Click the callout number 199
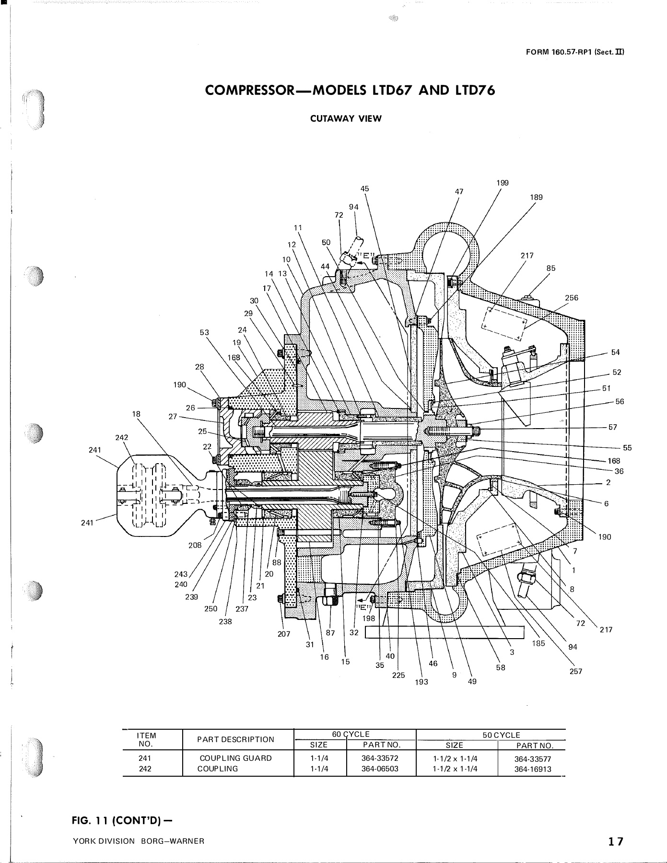click(503, 183)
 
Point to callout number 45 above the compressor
click(365, 189)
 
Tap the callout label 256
click(572, 298)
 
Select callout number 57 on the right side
click(613, 427)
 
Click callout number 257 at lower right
click(576, 671)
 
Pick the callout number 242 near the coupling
click(122, 437)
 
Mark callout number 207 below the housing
click(284, 634)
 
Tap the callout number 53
click(205, 332)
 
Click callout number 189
click(537, 197)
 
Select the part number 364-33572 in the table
click(380, 758)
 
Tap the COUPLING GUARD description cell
click(235, 758)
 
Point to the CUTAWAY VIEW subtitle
click(346, 119)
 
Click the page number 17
click(616, 841)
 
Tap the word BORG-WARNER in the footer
click(173, 841)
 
